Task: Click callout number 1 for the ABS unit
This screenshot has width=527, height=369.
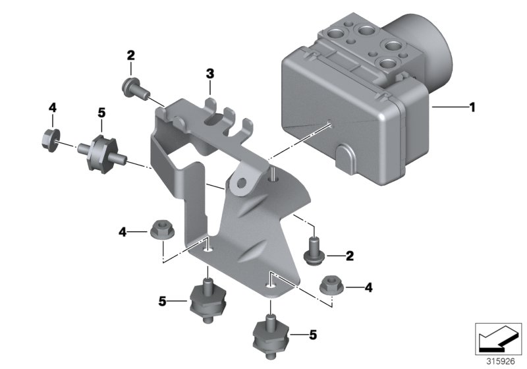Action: point(472,105)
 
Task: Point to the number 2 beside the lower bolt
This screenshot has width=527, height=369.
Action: point(350,255)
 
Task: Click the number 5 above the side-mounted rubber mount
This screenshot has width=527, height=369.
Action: point(101,113)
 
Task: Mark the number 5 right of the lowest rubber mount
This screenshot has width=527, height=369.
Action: point(312,335)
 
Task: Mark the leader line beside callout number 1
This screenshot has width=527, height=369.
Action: point(448,105)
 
